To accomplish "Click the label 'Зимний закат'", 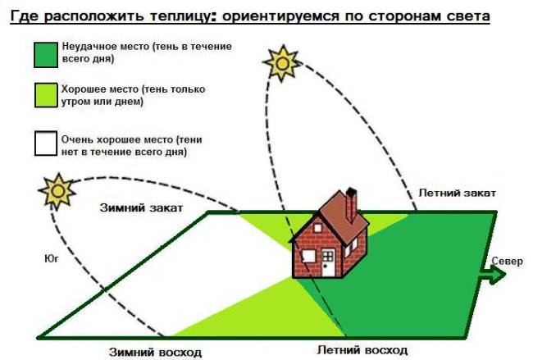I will (x=141, y=208).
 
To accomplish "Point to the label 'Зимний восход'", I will (x=156, y=352).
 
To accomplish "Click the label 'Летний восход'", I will (x=362, y=349).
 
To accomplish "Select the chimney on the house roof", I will (x=351, y=205).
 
